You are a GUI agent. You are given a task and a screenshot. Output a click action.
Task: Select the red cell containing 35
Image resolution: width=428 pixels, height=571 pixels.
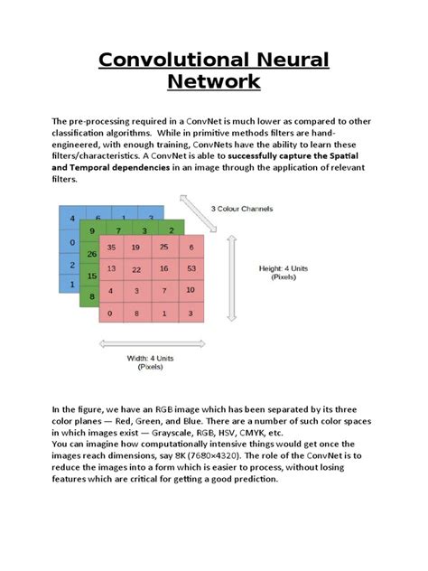111,248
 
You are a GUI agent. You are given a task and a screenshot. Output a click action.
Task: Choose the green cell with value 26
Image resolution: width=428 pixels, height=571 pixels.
90,255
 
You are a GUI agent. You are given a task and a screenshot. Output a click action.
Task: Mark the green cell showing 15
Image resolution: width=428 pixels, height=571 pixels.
90,276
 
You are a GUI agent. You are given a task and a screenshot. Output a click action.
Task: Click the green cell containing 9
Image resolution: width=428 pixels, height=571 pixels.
92,232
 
